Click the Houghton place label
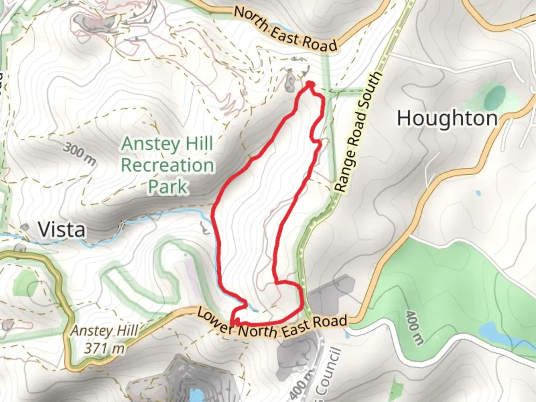[447, 119]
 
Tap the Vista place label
[62, 230]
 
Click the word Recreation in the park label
[167, 165]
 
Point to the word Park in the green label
[167, 186]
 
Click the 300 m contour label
[79, 153]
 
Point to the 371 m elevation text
[104, 348]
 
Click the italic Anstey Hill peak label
[105, 331]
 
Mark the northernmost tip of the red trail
[309, 84]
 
